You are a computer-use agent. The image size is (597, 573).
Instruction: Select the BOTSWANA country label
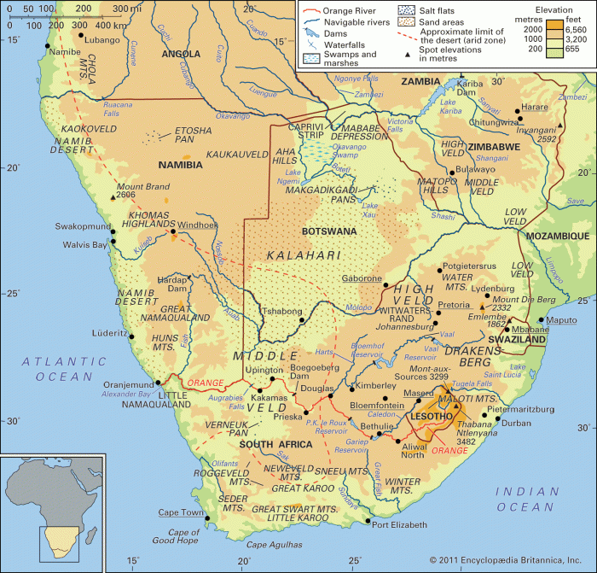(x=331, y=231)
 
